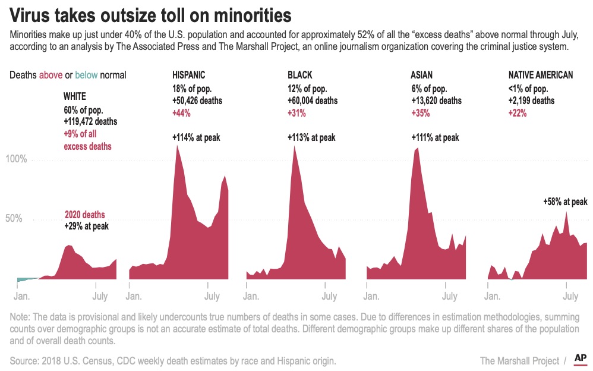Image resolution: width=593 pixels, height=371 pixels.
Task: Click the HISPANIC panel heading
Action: (x=189, y=75)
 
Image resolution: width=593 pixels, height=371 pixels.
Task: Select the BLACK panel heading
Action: (x=299, y=75)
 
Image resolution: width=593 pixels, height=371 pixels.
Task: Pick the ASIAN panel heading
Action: (x=421, y=75)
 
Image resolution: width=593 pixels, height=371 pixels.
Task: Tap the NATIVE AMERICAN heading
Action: (x=541, y=75)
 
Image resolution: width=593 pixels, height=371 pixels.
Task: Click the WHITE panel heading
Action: (x=75, y=95)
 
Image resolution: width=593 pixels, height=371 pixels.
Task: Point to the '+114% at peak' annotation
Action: (x=197, y=137)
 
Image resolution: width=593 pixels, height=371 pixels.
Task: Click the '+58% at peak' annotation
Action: (x=565, y=202)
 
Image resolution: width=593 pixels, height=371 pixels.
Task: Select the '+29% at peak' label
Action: (x=87, y=226)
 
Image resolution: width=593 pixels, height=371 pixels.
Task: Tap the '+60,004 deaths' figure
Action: (x=313, y=100)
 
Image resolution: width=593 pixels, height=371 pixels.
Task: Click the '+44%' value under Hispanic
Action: (x=182, y=113)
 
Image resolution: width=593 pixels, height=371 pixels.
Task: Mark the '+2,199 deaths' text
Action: (x=531, y=100)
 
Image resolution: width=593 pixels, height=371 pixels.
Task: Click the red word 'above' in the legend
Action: (x=51, y=75)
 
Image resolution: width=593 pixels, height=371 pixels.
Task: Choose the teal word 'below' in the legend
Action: (x=87, y=75)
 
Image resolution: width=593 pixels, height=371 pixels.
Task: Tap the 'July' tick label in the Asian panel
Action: (x=450, y=295)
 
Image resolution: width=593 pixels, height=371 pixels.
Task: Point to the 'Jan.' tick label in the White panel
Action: (x=23, y=295)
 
